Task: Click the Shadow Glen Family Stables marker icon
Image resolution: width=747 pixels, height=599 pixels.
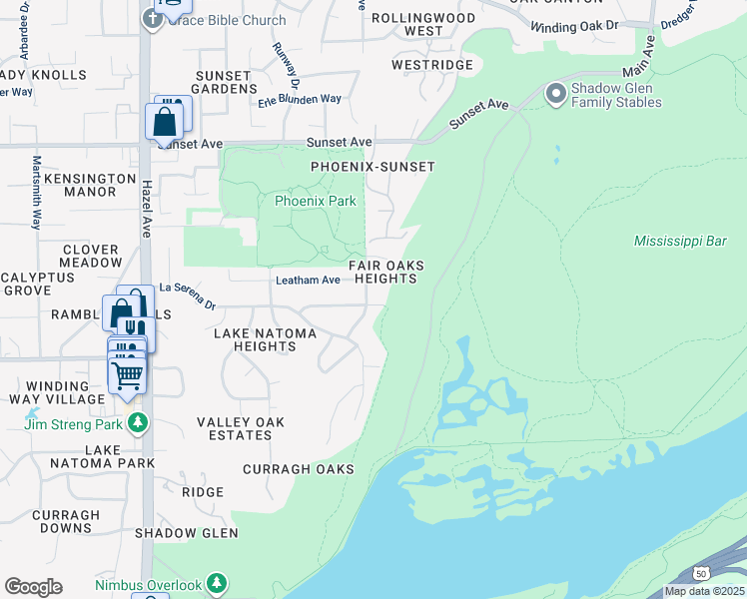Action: coord(556,95)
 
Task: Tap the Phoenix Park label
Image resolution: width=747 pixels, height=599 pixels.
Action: coord(316,201)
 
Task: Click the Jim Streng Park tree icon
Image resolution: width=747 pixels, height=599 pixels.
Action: coord(137,424)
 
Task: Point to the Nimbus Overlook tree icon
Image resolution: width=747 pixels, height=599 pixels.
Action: coord(217,585)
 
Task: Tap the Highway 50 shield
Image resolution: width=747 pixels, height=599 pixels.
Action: coord(702,573)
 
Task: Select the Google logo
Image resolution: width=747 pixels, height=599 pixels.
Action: coord(33,587)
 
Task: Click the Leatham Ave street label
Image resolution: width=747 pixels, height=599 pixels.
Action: coord(309,281)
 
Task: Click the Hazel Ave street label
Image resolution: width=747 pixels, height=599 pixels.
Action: coord(146,215)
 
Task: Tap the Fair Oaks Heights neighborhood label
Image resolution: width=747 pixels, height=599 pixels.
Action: coord(386,272)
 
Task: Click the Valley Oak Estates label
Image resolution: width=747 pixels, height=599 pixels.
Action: coord(240,429)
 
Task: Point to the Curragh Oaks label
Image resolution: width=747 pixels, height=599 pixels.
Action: coord(298,469)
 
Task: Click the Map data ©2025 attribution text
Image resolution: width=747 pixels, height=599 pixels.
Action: coord(704,591)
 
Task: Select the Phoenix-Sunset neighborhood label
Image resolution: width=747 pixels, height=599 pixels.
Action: coord(373,167)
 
